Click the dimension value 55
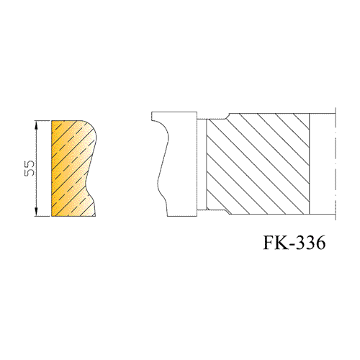click(30, 168)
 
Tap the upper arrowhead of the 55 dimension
click(36, 125)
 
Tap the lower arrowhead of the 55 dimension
click(36, 212)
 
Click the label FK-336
click(294, 243)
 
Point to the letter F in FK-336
click(269, 243)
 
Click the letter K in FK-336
click(282, 243)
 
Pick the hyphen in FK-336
click(292, 245)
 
